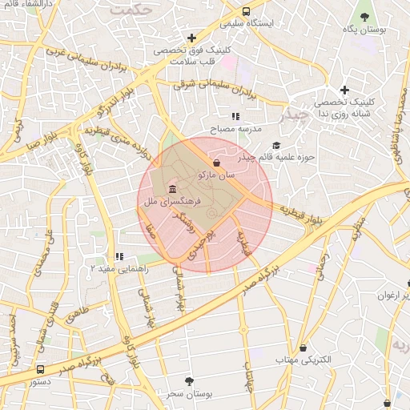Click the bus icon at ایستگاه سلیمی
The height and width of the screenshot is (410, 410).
(246, 12)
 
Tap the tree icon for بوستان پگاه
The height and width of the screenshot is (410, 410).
(365, 16)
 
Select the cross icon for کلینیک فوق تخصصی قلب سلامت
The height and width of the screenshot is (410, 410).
(191, 38)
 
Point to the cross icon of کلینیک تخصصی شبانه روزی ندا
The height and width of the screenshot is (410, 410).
(345, 90)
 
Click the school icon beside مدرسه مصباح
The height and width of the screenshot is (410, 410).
(235, 117)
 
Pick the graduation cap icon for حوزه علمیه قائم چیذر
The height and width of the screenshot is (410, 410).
(276, 145)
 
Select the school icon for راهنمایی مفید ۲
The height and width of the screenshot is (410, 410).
(119, 256)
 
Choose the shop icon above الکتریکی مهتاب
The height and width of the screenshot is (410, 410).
(303, 348)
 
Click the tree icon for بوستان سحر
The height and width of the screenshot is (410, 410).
(189, 381)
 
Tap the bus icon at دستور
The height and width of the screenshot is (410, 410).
(41, 370)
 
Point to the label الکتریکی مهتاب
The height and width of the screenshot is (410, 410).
(303, 361)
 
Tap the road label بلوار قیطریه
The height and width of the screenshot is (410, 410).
(300, 210)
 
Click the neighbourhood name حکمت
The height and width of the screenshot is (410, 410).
(132, 10)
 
